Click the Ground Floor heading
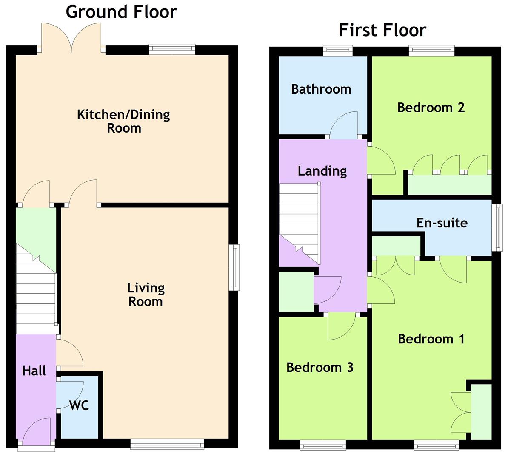coord(121,11)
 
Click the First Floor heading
coord(382,30)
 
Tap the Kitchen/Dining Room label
coord(123,121)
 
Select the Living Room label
coord(146,295)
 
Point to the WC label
coord(79,405)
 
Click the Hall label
coord(34,371)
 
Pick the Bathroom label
coord(321,89)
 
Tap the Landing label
coord(322,171)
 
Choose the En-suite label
coord(442,223)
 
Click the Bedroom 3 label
coord(320,367)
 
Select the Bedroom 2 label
coord(431,107)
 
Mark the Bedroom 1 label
coord(431,339)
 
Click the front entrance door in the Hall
coord(37,433)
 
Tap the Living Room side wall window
coord(234,267)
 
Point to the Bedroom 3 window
coord(323,445)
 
